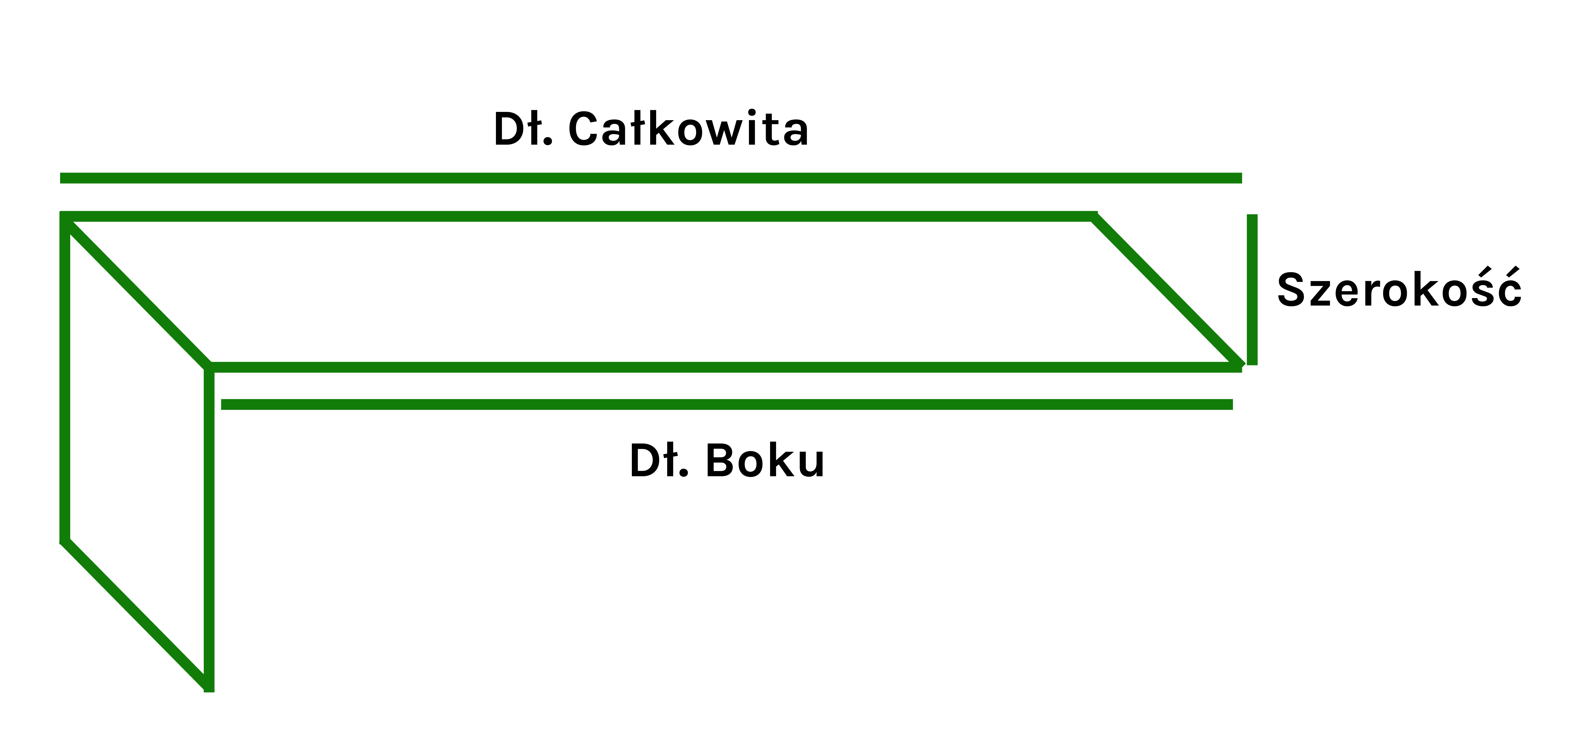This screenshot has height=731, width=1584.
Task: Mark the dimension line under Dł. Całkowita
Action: tap(651, 178)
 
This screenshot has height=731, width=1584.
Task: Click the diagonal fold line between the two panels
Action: tap(136, 292)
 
